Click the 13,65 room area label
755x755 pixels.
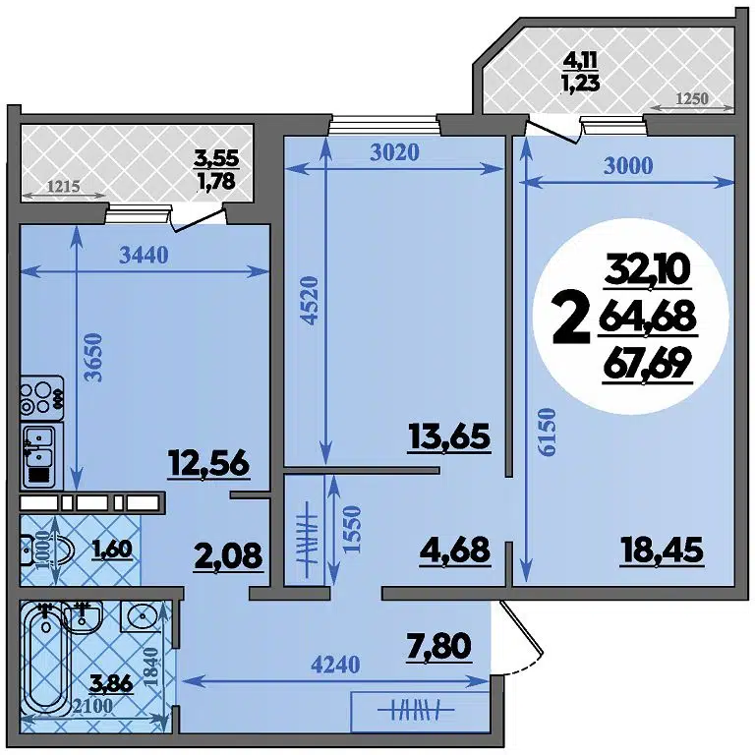(449, 436)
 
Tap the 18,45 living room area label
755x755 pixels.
(662, 551)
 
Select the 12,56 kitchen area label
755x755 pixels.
(208, 463)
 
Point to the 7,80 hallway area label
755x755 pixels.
(438, 646)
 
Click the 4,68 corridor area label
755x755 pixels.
(455, 551)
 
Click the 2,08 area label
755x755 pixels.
(229, 555)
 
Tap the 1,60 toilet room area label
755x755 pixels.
(113, 550)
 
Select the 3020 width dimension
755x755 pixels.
(394, 152)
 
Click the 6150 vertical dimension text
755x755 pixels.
(547, 432)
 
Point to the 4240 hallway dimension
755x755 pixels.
(335, 665)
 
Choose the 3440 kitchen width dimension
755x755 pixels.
(144, 256)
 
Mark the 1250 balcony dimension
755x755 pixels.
(692, 98)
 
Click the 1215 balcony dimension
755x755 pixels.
(64, 186)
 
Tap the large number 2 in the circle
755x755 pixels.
(571, 319)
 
